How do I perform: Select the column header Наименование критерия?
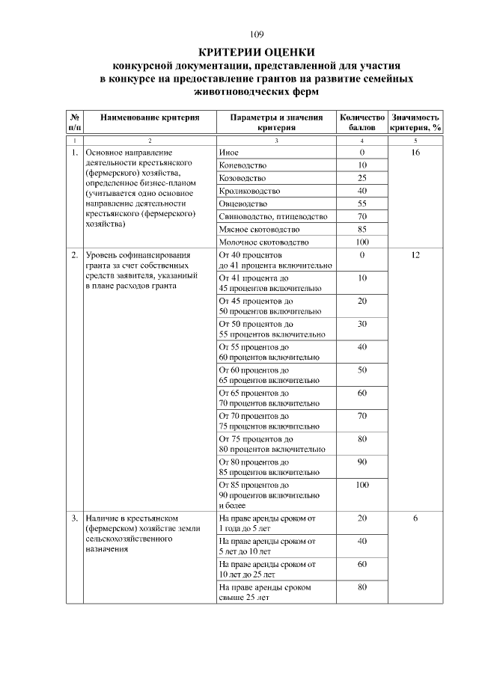[150, 117]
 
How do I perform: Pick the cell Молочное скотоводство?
[263, 242]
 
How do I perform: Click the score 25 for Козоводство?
[362, 178]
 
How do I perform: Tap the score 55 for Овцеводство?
[362, 203]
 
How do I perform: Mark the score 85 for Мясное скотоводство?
[362, 229]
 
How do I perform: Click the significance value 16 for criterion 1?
[415, 153]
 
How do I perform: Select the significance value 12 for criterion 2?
[415, 255]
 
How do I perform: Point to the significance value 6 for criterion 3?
[415, 518]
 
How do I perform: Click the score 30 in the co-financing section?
[362, 324]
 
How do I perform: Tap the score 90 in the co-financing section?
[362, 462]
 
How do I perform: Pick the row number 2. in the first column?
[75, 255]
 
